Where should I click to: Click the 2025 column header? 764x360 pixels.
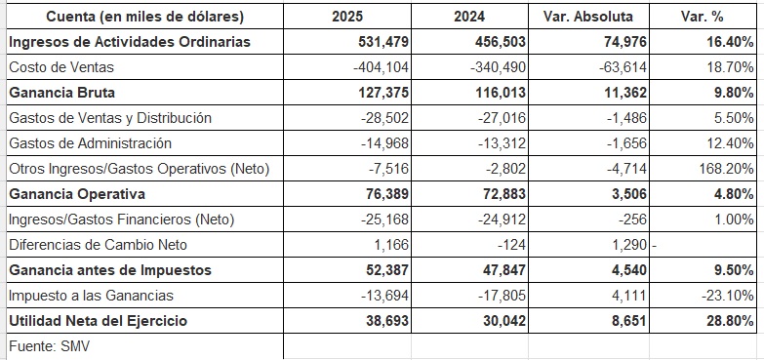tap(347, 17)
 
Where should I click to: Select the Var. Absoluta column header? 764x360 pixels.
tap(588, 17)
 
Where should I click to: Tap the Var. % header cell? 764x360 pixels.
tap(703, 17)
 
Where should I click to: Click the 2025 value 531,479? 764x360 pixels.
tap(382, 42)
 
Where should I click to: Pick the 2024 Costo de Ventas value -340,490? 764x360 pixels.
tap(498, 67)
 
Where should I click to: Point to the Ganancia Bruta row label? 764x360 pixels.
tap(61, 93)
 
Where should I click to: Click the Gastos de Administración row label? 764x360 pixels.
tap(90, 143)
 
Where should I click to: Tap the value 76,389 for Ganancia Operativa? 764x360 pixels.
tap(386, 194)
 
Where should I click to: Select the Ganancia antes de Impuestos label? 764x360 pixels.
tap(110, 270)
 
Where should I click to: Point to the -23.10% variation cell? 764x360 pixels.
tap(728, 296)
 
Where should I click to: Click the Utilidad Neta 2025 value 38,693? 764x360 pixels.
tap(386, 321)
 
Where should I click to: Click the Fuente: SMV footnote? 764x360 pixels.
tap(49, 346)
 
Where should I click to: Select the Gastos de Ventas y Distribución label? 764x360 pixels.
tap(110, 118)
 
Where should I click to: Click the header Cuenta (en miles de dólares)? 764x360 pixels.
tap(144, 17)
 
